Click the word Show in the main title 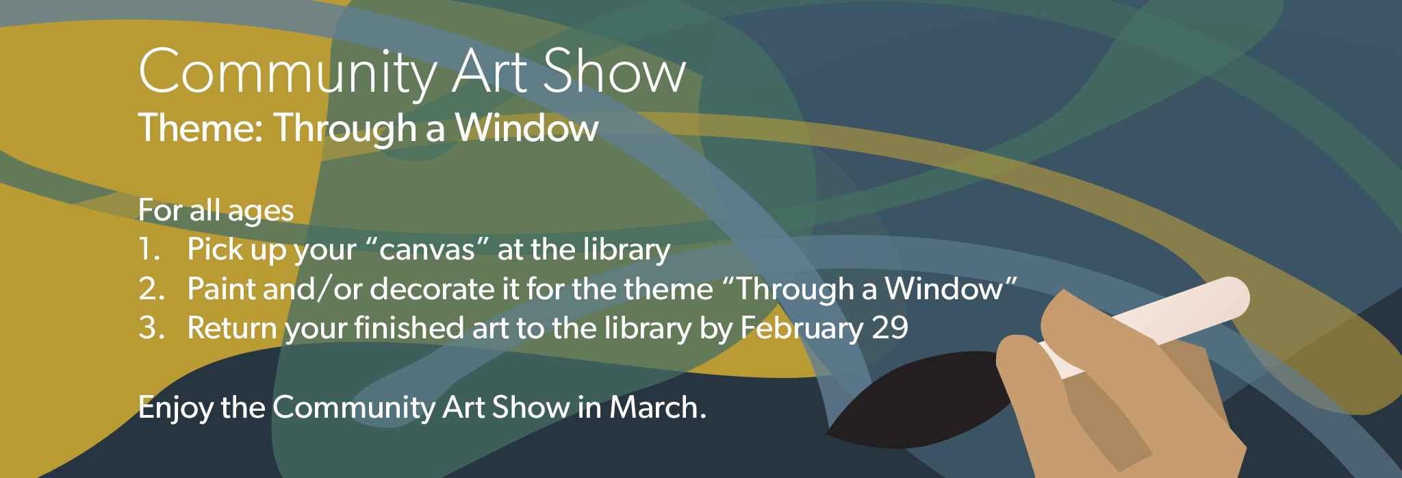coord(614,72)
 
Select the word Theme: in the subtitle coord(201,128)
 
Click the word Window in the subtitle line coord(527,128)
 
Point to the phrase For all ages coord(216,211)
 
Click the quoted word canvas coord(427,249)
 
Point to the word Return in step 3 coord(232,328)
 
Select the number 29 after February coord(890,328)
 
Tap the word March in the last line coord(658,407)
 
